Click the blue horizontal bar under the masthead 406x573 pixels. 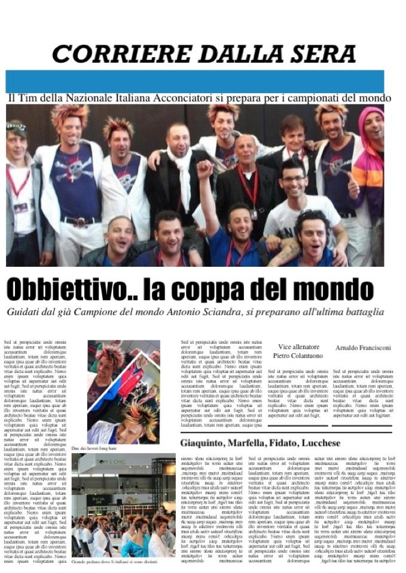[194, 81]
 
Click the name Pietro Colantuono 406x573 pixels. [298, 356]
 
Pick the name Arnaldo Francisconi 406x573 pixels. [363, 347]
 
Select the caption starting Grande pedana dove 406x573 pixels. [114, 562]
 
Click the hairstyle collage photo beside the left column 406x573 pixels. [123, 392]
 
